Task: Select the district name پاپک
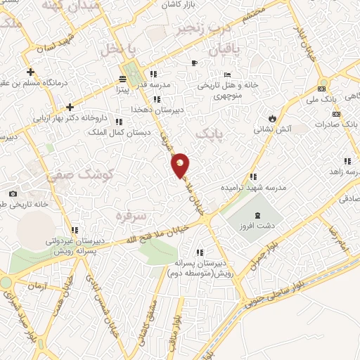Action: (x=207, y=133)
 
